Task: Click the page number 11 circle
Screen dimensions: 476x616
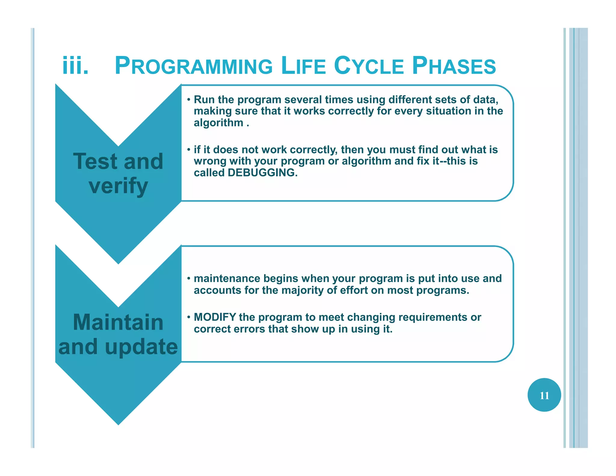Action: pos(544,395)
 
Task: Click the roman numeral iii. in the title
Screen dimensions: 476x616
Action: pos(75,66)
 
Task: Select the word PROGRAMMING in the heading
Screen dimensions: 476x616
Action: pos(194,66)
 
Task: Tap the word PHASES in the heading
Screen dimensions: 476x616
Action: pos(454,66)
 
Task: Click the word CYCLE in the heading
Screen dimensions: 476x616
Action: pos(369,66)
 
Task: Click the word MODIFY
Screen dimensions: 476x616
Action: pos(215,317)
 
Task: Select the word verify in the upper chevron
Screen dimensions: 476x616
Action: pos(118,186)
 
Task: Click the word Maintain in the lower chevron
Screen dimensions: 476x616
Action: pos(118,322)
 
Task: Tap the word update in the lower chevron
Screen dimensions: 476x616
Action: pos(141,347)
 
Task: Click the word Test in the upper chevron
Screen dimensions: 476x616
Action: pos(95,162)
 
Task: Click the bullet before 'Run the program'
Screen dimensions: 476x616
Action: pos(189,100)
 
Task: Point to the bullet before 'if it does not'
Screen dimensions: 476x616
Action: pos(189,150)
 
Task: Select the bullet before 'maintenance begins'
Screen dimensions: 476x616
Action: pos(189,278)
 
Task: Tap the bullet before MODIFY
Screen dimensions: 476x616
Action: pos(189,317)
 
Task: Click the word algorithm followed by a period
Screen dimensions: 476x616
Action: pos(218,123)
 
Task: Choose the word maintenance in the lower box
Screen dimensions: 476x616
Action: pos(227,279)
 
